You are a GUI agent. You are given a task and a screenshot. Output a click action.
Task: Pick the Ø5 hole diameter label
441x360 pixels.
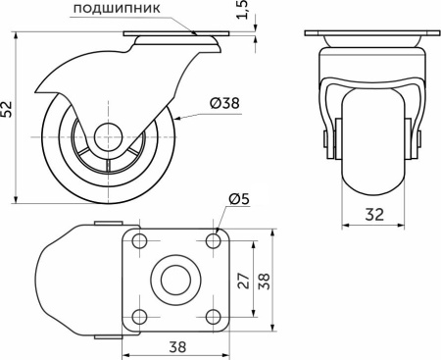pyautogui.click(x=239, y=199)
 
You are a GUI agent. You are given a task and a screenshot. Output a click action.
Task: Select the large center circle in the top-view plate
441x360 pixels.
pyautogui.click(x=175, y=279)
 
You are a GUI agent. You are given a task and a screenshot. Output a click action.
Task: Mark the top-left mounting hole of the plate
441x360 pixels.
pyautogui.click(x=138, y=241)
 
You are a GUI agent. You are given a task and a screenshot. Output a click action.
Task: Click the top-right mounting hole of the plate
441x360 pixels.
pyautogui.click(x=214, y=241)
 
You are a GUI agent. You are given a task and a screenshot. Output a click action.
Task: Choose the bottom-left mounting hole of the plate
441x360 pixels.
pyautogui.click(x=138, y=316)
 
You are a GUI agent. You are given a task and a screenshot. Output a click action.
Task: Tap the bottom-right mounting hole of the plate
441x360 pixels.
pyautogui.click(x=214, y=316)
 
